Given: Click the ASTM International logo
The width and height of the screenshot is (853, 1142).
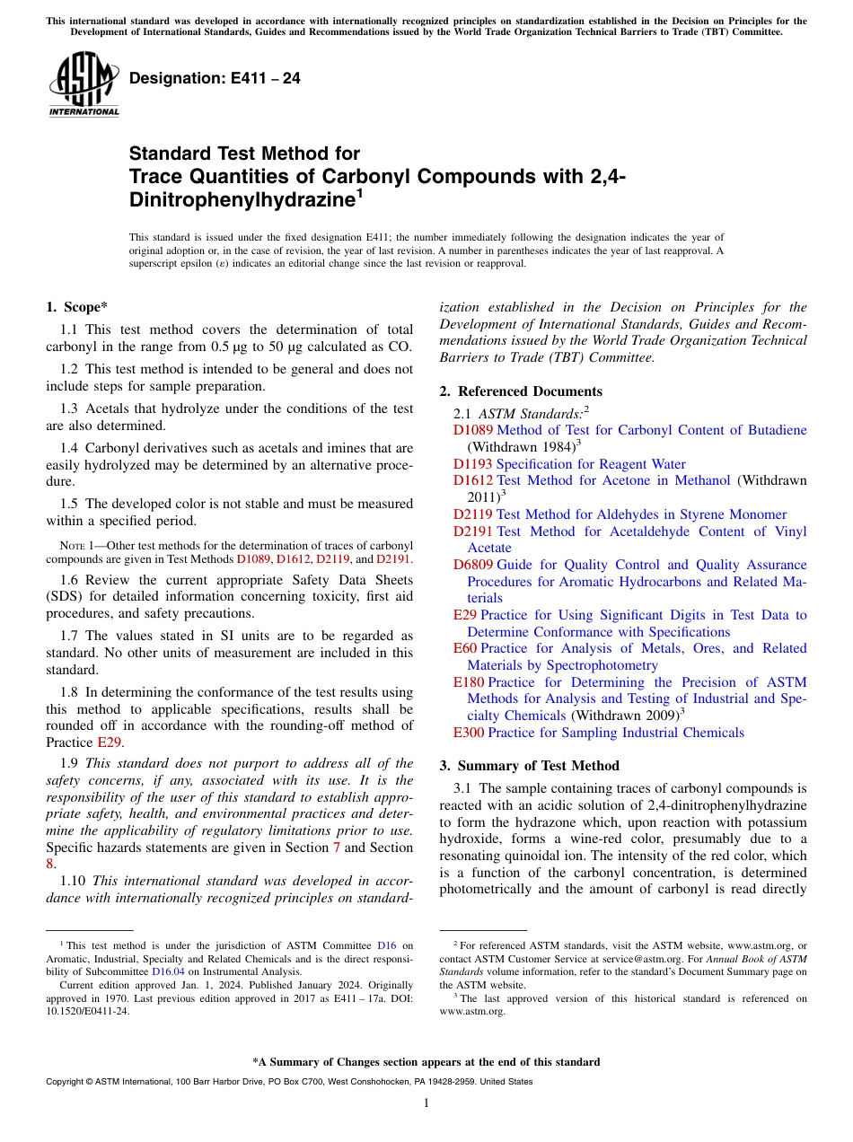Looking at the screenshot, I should [x=84, y=84].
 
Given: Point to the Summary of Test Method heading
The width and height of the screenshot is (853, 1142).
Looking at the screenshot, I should [x=529, y=766].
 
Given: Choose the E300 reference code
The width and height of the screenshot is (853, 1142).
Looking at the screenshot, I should [x=468, y=733].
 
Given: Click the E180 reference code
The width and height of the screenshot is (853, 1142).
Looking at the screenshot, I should [x=468, y=682].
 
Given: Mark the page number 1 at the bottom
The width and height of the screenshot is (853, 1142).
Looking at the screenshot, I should [x=426, y=1103].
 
